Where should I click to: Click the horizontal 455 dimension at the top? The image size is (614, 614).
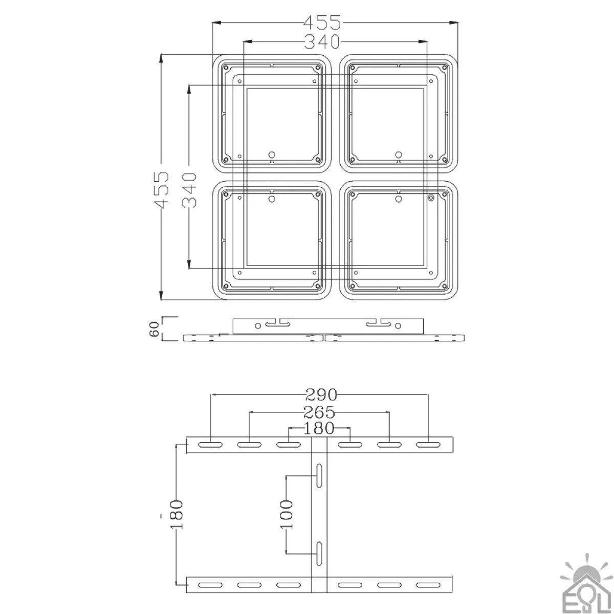click(x=322, y=23)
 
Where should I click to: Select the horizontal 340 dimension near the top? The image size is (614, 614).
click(x=322, y=41)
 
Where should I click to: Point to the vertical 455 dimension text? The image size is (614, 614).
click(x=162, y=190)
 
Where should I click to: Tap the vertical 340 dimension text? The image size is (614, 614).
click(x=189, y=190)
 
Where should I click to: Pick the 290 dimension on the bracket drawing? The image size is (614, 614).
click(x=321, y=394)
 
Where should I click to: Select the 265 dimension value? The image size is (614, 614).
click(x=319, y=412)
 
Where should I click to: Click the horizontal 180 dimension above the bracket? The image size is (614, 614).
click(x=319, y=428)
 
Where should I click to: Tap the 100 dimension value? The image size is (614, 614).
click(x=287, y=514)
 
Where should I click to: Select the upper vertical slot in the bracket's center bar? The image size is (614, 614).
click(x=319, y=476)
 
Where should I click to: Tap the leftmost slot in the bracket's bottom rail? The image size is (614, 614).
click(x=210, y=585)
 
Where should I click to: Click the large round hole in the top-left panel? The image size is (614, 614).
click(x=272, y=154)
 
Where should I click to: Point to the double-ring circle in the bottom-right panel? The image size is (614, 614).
click(x=431, y=198)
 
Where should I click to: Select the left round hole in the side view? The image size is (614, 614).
click(x=258, y=325)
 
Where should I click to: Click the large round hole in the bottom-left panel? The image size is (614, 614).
click(x=272, y=199)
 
